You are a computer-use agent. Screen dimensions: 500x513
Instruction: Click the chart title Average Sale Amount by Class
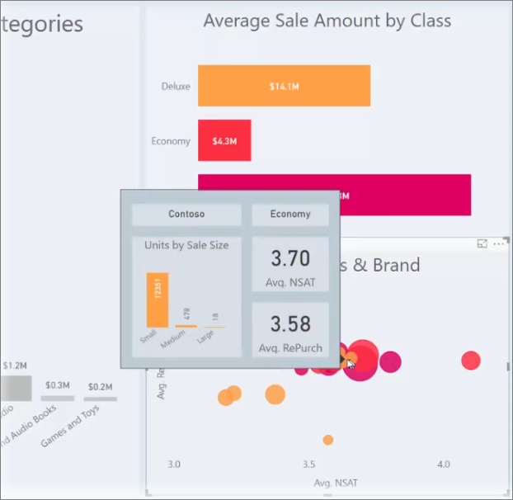tap(327, 21)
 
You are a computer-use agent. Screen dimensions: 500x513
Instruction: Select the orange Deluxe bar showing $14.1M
tap(283, 85)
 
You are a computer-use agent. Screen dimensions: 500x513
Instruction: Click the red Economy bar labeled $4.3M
tap(224, 141)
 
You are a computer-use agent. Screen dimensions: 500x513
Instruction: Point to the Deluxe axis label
tap(176, 85)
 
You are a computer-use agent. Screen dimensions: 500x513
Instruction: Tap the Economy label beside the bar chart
tap(171, 141)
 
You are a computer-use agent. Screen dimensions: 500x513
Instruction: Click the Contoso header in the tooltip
tap(186, 215)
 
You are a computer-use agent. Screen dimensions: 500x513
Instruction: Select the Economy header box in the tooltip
tap(290, 215)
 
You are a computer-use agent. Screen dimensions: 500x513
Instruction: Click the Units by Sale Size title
tap(186, 245)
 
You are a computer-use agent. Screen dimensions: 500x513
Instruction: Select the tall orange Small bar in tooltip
tap(158, 300)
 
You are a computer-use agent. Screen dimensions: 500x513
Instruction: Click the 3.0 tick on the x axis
tap(173, 465)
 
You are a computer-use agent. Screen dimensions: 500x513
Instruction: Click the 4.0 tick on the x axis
tap(445, 465)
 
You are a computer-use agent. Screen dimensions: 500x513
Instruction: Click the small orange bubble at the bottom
tap(328, 440)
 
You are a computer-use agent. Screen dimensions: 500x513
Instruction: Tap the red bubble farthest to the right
tap(471, 360)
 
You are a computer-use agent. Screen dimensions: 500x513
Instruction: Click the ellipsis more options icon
tap(498, 244)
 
